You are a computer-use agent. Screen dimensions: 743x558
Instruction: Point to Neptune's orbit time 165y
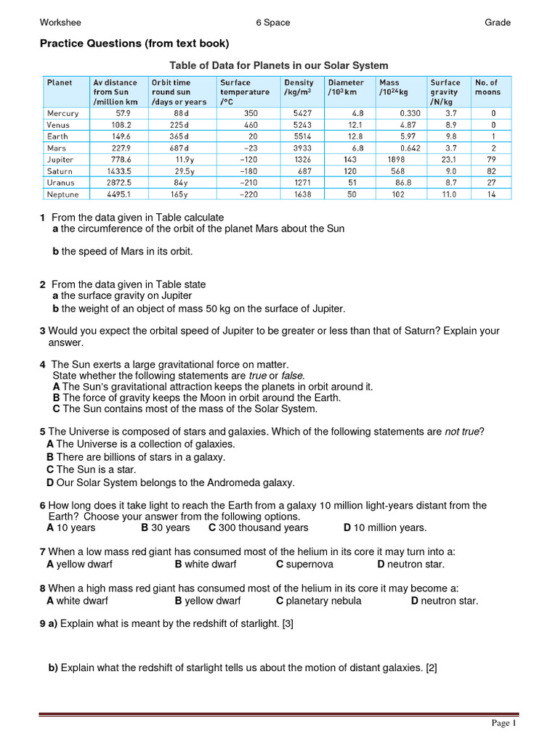(179, 194)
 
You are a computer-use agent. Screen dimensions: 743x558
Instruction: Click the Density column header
(299, 83)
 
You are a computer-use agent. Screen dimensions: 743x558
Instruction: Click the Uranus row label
(61, 183)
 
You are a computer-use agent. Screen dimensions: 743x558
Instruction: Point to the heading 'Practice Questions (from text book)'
(134, 44)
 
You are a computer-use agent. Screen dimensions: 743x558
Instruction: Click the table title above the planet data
(279, 65)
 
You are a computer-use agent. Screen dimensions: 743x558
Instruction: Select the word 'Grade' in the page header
(498, 22)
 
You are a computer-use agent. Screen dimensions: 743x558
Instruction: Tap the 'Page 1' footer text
(504, 723)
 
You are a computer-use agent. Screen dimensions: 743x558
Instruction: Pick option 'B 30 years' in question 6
(166, 528)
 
